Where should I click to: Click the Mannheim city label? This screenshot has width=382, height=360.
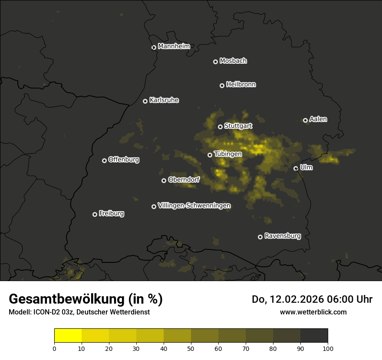(174, 46)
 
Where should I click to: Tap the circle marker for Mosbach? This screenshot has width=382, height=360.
(215, 62)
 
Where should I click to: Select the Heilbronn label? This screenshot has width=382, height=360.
(241, 85)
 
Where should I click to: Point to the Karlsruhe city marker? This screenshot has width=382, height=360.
(145, 101)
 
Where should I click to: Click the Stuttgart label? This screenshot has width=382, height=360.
(238, 126)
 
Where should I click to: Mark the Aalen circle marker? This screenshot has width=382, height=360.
(306, 120)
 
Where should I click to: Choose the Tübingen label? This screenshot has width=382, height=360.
(228, 154)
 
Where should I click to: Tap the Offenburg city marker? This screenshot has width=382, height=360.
(105, 160)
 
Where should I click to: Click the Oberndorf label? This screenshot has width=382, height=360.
(184, 180)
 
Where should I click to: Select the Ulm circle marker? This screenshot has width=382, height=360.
(296, 168)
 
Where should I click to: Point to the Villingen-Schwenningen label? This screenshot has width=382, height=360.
(194, 206)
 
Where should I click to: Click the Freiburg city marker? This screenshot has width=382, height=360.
(95, 214)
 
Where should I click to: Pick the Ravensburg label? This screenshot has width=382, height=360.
(282, 236)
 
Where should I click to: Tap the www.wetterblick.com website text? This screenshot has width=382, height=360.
(313, 312)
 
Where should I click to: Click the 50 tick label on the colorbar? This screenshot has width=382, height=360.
(191, 348)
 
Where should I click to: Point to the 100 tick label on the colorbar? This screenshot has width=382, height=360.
(328, 348)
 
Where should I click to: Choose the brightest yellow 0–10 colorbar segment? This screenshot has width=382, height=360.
(68, 336)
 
